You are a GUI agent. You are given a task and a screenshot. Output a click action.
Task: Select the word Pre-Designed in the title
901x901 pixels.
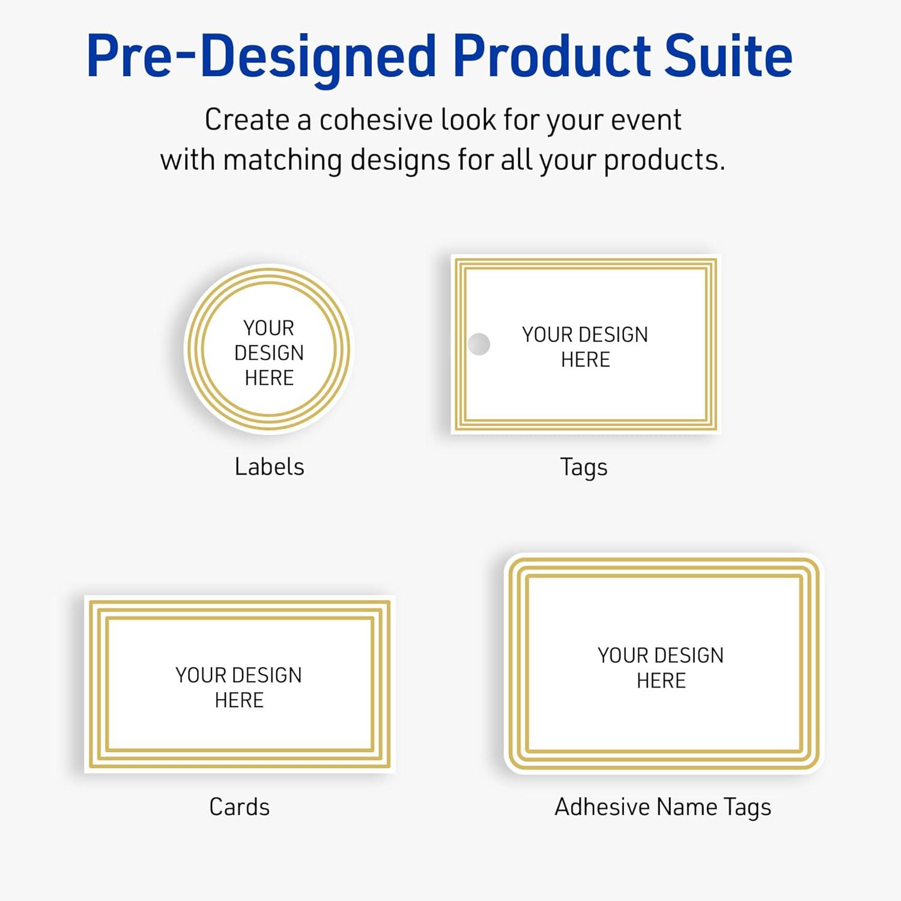261,57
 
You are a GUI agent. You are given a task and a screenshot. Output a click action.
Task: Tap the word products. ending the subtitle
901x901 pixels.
664,161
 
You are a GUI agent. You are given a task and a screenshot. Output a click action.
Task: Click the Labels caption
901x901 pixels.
269,467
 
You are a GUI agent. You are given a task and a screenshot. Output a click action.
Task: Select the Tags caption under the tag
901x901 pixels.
584,467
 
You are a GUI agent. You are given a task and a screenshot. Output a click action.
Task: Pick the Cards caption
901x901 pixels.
239,807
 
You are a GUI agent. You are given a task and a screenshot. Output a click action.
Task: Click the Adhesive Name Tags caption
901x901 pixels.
663,807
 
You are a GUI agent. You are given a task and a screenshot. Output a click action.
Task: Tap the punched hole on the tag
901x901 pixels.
479,344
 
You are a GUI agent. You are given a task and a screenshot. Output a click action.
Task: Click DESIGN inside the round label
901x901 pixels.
269,353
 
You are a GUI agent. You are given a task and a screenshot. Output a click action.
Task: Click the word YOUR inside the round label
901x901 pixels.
269,328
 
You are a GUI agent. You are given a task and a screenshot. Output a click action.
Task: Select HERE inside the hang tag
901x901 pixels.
586,360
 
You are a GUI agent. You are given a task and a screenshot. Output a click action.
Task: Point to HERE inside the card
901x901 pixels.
239,700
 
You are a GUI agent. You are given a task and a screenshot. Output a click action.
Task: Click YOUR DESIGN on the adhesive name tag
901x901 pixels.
661,655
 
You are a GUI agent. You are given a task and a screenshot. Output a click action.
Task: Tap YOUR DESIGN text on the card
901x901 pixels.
238,675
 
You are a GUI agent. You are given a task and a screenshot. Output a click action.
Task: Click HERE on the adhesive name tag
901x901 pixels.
661,681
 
